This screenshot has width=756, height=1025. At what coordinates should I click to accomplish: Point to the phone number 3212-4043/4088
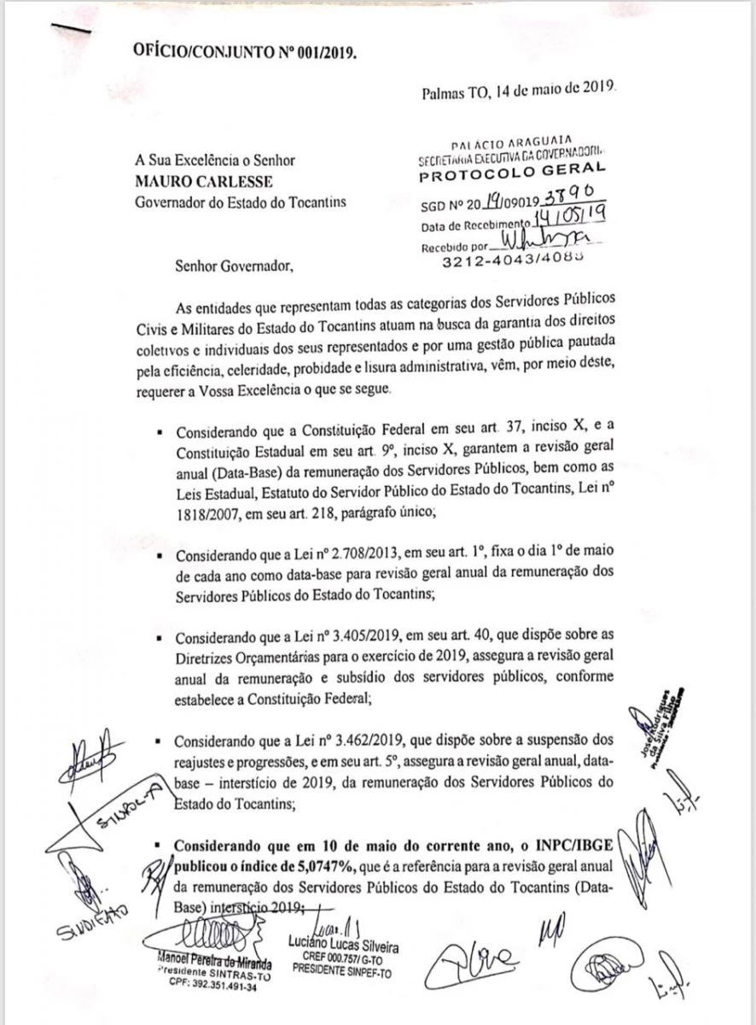point(514,263)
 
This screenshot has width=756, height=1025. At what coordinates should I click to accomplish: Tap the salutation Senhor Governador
point(233,265)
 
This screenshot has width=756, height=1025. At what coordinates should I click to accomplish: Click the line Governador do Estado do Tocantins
point(240,202)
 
